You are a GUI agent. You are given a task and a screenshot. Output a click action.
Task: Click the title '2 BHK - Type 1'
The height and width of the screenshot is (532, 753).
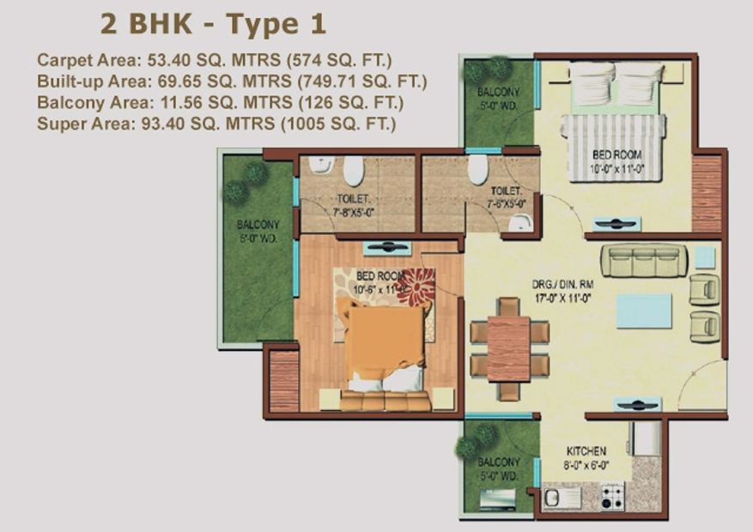pos(213,23)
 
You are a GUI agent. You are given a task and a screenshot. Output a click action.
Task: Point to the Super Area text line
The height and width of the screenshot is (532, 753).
pos(216,124)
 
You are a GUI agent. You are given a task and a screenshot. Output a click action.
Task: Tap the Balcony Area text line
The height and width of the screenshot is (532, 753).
pos(220,103)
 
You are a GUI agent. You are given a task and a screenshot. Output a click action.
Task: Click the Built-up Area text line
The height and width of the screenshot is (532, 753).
pos(232,82)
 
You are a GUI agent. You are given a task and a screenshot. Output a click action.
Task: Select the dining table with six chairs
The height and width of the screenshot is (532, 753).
pos(508,348)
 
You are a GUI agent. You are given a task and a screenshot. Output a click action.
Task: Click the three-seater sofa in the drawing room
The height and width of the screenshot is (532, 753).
pos(644,260)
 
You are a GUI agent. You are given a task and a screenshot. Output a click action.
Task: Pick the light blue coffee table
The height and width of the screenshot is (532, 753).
pos(644,311)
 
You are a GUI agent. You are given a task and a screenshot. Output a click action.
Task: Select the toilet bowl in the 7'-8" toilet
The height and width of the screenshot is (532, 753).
pos(353,170)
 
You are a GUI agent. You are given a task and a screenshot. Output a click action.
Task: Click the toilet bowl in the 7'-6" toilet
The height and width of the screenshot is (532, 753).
pos(478,168)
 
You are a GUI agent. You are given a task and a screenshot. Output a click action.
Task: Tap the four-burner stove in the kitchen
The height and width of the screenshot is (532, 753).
pos(612,496)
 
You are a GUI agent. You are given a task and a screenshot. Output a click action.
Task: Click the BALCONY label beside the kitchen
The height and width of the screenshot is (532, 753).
pos(498,468)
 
